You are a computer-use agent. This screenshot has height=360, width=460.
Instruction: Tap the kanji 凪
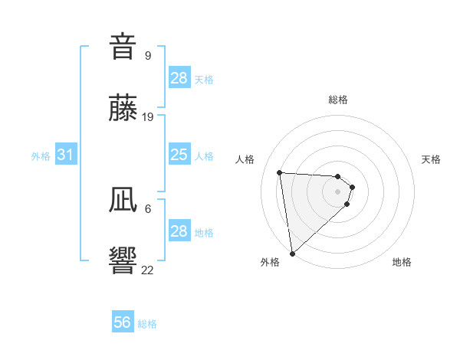point(123,200)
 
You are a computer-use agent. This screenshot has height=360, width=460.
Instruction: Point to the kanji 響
point(123,261)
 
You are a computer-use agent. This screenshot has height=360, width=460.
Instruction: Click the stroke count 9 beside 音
point(148,55)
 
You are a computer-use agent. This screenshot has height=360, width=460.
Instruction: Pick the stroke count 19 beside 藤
point(148,117)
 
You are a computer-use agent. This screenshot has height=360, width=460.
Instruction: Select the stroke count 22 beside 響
point(148,270)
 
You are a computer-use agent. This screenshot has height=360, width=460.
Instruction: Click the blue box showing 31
point(66,155)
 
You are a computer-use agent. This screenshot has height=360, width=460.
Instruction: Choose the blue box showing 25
point(179,155)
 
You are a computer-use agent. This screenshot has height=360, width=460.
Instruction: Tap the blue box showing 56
point(123,322)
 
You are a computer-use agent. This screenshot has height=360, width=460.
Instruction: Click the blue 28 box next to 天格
point(179,78)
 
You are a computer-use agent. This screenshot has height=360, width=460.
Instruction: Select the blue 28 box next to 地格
point(179,231)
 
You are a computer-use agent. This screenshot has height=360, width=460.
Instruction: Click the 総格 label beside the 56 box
point(147,324)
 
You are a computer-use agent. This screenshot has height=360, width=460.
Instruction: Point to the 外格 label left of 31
point(41,156)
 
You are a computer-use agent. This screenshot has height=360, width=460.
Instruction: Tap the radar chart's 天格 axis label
point(431,159)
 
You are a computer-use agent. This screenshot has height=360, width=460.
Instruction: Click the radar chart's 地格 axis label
point(402,262)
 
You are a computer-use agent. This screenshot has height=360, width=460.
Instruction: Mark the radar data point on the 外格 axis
point(292,254)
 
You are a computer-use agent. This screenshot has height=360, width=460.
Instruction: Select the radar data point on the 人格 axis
point(280,172)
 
